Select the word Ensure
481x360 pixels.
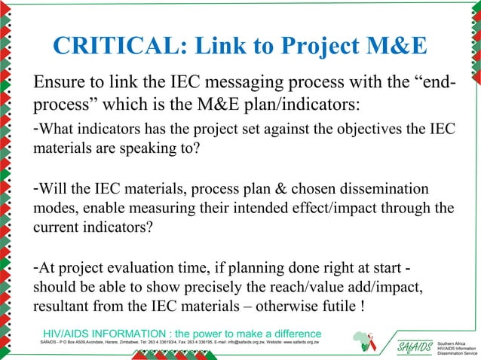click(x=55, y=81)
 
